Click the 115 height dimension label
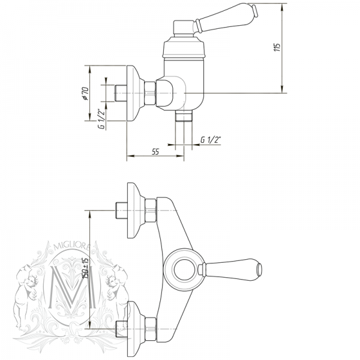click(x=277, y=49)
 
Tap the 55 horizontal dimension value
click(x=155, y=152)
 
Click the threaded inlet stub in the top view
click(x=121, y=94)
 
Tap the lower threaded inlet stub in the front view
click(x=121, y=329)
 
